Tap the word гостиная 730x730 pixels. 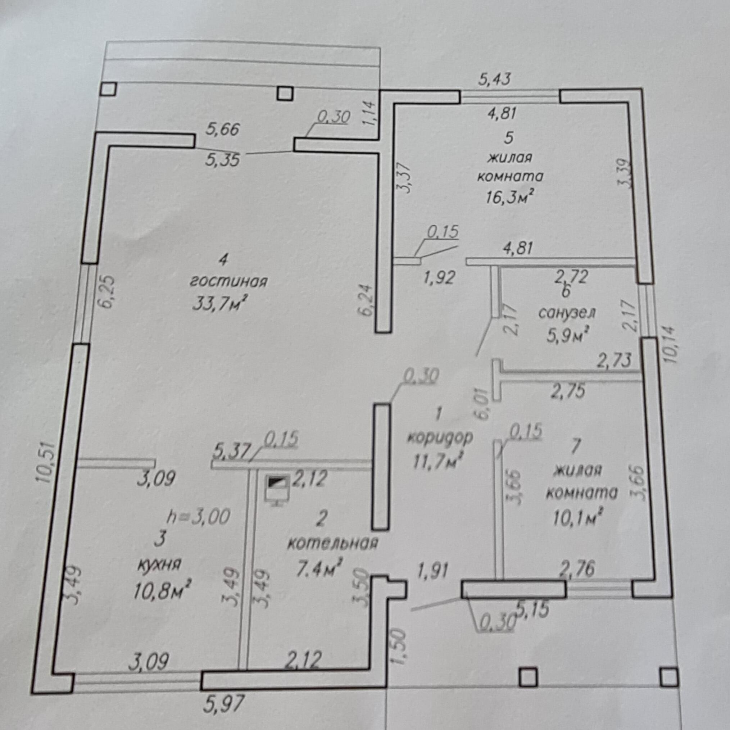228,282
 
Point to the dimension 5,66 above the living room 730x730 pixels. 223,130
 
